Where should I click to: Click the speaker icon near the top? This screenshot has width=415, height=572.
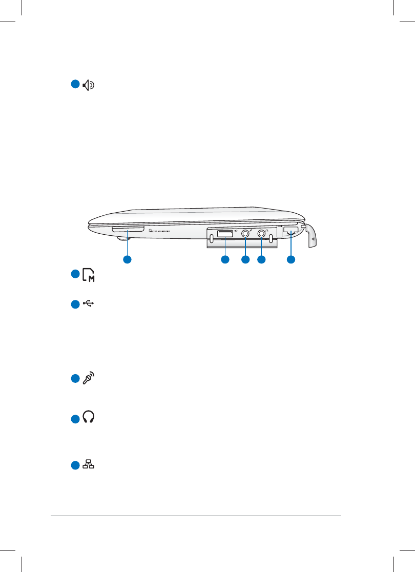tap(89, 86)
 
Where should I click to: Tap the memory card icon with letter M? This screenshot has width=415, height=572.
tap(89, 275)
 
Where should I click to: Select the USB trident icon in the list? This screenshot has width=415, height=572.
tap(89, 304)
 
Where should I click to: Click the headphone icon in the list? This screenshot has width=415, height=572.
tap(89, 418)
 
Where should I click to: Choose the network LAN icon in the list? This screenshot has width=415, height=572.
tap(89, 465)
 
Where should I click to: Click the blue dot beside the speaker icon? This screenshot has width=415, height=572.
tap(75, 85)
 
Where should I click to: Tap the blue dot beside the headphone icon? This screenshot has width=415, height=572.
tap(75, 419)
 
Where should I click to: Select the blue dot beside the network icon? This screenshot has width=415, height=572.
tap(75, 465)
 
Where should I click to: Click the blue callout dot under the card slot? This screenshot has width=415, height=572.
tap(127, 260)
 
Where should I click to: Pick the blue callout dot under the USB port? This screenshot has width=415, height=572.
tap(224, 260)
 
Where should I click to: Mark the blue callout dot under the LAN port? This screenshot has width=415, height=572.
tap(291, 260)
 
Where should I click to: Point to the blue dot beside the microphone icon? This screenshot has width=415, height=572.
tap(75, 379)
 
